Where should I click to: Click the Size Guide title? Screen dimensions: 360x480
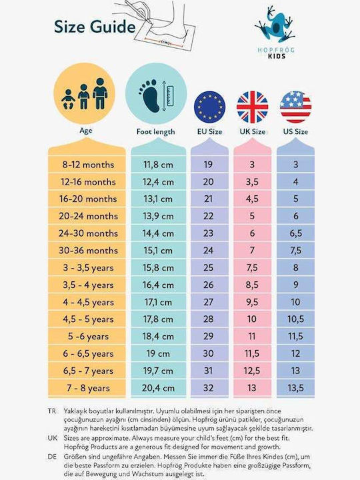95,27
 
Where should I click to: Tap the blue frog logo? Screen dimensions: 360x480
275,24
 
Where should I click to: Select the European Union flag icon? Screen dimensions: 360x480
210,107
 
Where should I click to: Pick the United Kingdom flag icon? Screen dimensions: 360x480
253,107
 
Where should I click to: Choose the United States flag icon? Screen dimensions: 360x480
296,107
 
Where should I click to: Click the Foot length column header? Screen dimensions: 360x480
156,132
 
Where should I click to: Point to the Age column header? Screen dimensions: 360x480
86,131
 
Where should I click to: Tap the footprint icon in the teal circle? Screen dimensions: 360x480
149,95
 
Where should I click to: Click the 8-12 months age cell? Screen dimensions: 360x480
88,165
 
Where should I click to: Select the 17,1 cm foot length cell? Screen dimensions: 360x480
158,303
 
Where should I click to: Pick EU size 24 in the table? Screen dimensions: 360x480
209,251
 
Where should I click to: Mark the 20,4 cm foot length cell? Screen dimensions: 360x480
158,388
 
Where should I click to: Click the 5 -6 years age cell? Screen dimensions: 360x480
88,337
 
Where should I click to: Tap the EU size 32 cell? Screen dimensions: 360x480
209,388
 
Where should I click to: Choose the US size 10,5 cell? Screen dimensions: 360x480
296,319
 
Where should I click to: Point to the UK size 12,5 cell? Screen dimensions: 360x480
252,371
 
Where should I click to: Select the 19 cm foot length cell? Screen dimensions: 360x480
158,354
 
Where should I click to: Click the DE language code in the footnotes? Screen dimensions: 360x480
52,457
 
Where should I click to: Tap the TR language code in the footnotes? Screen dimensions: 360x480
52,411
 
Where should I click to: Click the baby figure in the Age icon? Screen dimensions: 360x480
68,99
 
